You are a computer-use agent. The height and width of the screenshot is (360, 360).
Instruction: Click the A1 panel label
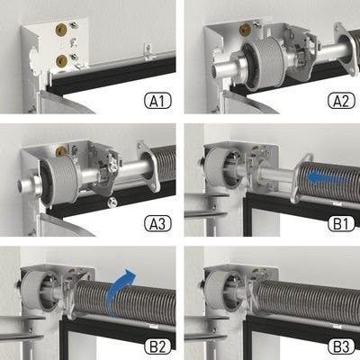157,101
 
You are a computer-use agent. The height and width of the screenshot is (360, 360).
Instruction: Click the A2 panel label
341,101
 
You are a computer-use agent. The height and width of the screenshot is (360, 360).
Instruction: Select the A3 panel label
157,224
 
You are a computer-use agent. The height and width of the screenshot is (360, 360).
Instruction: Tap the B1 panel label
341,224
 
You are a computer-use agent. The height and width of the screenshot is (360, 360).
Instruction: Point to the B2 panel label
157,346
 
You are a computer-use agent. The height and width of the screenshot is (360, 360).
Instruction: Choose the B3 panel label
341,346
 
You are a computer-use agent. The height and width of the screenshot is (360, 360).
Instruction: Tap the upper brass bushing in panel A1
61,29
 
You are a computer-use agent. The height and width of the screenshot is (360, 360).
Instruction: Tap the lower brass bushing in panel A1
61,61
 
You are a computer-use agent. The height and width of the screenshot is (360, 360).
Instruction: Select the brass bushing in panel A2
245,29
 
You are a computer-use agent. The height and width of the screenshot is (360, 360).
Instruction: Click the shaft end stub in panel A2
222,68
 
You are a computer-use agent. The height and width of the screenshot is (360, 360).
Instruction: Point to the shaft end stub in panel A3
28,187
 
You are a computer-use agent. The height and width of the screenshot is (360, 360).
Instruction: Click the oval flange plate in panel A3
148,166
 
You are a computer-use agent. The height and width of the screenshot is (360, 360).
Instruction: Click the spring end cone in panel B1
301,179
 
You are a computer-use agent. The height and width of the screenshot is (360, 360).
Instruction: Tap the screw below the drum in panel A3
112,202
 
